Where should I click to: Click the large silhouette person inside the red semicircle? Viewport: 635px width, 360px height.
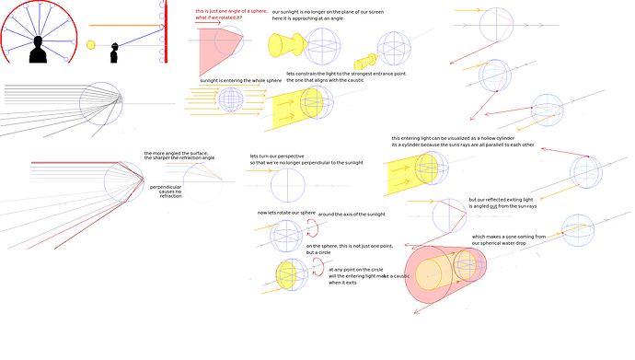[38, 49]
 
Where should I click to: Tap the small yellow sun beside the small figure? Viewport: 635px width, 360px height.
[91, 45]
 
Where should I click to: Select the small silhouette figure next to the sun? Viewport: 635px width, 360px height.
[115, 53]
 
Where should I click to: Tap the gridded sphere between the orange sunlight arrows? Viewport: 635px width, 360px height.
[230, 99]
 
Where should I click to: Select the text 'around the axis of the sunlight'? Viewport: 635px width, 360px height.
[352, 214]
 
